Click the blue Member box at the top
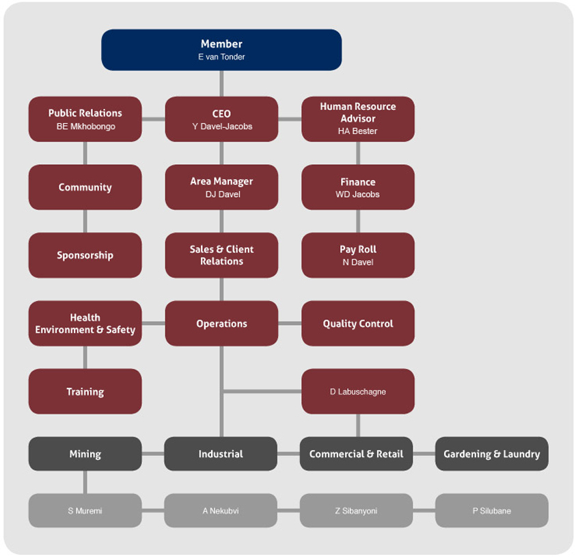221,49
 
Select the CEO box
221,119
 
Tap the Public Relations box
85,119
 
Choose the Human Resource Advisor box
357,119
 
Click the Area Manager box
221,187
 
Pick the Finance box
357,187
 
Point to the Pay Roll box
357,255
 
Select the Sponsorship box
85,255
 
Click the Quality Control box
357,324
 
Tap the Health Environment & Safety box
85,324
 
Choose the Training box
85,391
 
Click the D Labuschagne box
357,391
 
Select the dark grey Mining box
85,454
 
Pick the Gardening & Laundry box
491,454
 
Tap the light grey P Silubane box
491,510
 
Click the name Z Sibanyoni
356,510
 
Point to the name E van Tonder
221,57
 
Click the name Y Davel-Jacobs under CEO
222,126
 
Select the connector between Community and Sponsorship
85,221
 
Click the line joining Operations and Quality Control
290,324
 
